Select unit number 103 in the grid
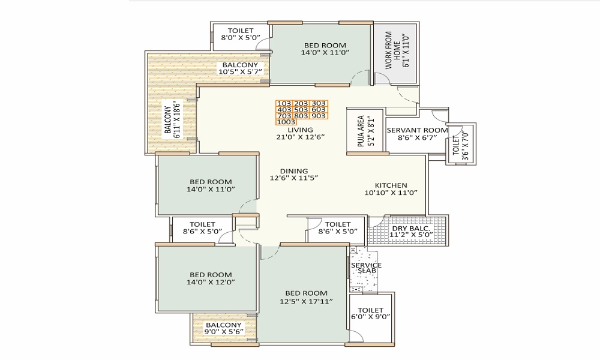point(284,103)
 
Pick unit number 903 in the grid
point(319,116)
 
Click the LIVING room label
point(300,130)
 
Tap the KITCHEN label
point(391,185)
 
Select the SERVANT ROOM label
point(417,130)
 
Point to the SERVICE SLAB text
point(367,268)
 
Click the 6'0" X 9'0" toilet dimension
point(370,318)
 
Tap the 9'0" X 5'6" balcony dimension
point(224,331)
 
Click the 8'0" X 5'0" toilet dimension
point(241,38)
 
